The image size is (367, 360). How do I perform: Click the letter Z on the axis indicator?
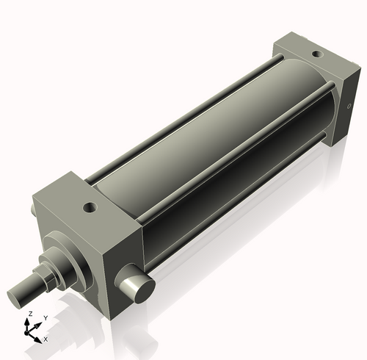click(29, 314)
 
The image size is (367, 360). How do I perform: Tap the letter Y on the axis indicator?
click(45, 317)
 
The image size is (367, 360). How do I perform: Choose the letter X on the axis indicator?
click(46, 339)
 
